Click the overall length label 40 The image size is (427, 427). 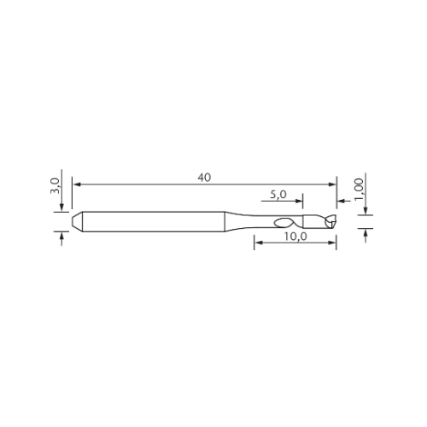pos(204,178)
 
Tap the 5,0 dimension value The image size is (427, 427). pos(278,195)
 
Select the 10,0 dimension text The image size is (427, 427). pos(295,237)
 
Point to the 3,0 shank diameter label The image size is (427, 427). pos(55,186)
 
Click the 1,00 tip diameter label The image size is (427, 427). pos(359,190)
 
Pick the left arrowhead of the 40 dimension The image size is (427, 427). pos(77,184)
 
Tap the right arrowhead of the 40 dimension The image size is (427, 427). pos(332,184)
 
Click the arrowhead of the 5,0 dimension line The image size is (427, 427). pos(299,202)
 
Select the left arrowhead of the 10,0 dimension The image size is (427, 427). pos(259,243)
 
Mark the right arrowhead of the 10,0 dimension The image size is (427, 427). pos(332,243)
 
